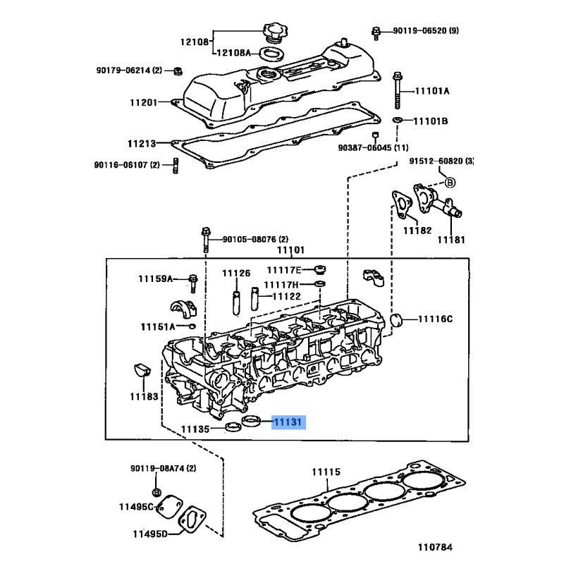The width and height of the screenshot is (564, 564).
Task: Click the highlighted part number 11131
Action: pyautogui.click(x=288, y=422)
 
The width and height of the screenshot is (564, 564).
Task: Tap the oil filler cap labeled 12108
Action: pyautogui.click(x=275, y=32)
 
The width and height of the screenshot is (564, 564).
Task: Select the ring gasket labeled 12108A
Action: pyautogui.click(x=271, y=54)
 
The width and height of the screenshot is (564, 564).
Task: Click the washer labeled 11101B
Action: pyautogui.click(x=397, y=119)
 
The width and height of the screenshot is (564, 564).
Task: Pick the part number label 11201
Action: pyautogui.click(x=144, y=102)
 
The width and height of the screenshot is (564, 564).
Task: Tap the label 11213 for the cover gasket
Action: pyautogui.click(x=142, y=144)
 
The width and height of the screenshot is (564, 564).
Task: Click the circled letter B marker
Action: pyautogui.click(x=450, y=183)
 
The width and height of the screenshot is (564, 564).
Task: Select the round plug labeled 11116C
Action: pyautogui.click(x=396, y=320)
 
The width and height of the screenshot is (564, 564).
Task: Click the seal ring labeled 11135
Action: pyautogui.click(x=233, y=427)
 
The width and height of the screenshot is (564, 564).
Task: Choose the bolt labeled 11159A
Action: pyautogui.click(x=193, y=283)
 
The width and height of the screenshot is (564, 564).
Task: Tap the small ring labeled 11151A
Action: pyautogui.click(x=192, y=326)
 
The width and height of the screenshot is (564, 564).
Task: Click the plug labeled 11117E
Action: pyautogui.click(x=320, y=269)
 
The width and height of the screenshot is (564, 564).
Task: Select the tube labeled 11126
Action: pyautogui.click(x=236, y=303)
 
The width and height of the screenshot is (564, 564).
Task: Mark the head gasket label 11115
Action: pyautogui.click(x=326, y=472)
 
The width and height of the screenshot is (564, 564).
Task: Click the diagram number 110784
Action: pyautogui.click(x=435, y=547)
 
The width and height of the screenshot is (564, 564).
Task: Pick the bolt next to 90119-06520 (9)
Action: pyautogui.click(x=376, y=33)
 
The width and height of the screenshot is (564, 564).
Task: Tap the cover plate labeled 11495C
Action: pyautogui.click(x=169, y=507)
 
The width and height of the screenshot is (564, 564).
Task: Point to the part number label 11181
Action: pyautogui.click(x=451, y=240)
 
